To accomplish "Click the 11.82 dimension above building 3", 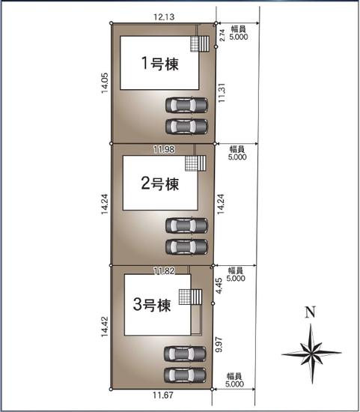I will point(163,270).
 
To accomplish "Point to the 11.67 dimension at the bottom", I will point(163,397).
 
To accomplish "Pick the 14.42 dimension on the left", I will point(106,328).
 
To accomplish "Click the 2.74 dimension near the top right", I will point(222,34).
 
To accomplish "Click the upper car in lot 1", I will point(186,106).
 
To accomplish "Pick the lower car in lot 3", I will point(186,373).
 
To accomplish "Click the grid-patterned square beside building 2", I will point(195,163).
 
